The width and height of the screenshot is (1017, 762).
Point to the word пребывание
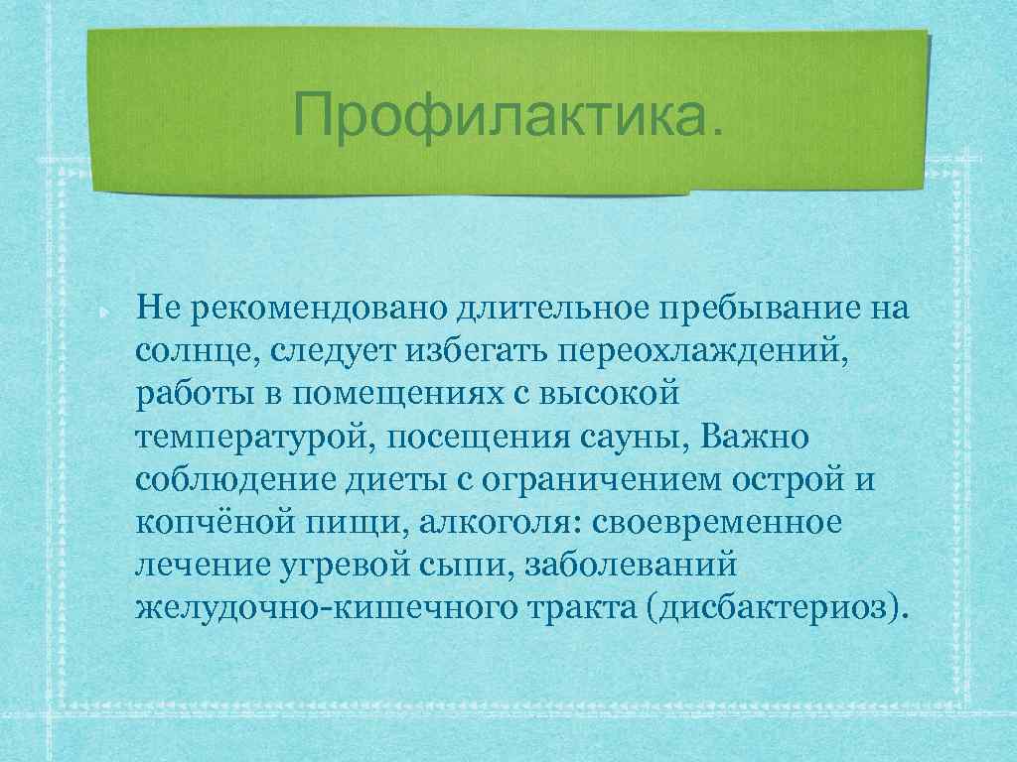(757, 308)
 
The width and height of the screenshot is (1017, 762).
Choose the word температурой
(251, 436)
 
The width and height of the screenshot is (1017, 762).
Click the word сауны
(637, 436)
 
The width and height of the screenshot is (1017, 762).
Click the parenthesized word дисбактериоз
(775, 606)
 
